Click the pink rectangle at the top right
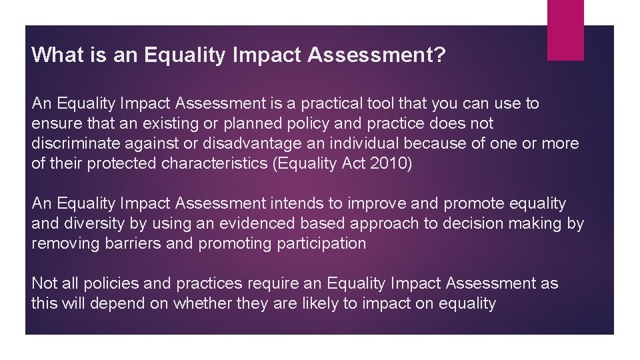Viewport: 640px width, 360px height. click(565, 30)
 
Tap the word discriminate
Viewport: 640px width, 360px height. click(75, 144)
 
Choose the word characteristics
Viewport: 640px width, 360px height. click(215, 164)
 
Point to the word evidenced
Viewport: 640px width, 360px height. click(251, 223)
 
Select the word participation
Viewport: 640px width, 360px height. click(317, 243)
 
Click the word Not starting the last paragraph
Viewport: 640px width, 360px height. click(44, 283)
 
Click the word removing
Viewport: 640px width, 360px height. click(65, 243)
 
